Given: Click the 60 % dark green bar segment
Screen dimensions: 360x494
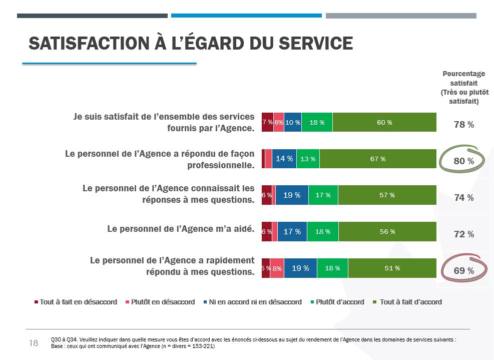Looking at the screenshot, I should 384,123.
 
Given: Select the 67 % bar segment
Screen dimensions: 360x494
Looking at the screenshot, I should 378,159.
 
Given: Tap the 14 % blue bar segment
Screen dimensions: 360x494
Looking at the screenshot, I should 284,159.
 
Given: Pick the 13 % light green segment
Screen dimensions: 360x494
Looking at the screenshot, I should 308,159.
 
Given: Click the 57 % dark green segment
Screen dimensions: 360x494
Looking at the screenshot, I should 387,195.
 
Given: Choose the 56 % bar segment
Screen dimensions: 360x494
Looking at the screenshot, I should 387,232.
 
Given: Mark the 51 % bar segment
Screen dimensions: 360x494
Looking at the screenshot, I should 392,268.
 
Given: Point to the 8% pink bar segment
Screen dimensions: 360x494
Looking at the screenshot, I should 277,268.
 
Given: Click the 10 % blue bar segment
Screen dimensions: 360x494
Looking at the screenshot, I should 293,123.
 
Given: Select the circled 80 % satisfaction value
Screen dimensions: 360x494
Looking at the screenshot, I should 463,161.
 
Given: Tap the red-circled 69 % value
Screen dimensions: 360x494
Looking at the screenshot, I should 463,271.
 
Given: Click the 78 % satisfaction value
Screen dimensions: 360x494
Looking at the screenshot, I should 463,125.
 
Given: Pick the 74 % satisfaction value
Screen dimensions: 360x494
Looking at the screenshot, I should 463,198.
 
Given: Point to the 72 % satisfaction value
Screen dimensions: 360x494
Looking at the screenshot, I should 463,234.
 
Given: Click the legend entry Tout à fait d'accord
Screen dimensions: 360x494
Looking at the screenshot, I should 410,302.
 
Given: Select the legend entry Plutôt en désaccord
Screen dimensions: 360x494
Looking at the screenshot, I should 163,302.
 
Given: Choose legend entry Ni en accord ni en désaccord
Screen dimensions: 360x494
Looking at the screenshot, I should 255,302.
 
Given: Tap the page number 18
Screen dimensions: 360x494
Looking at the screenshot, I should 34,343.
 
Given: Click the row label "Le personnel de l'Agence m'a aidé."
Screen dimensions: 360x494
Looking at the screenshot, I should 181,229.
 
